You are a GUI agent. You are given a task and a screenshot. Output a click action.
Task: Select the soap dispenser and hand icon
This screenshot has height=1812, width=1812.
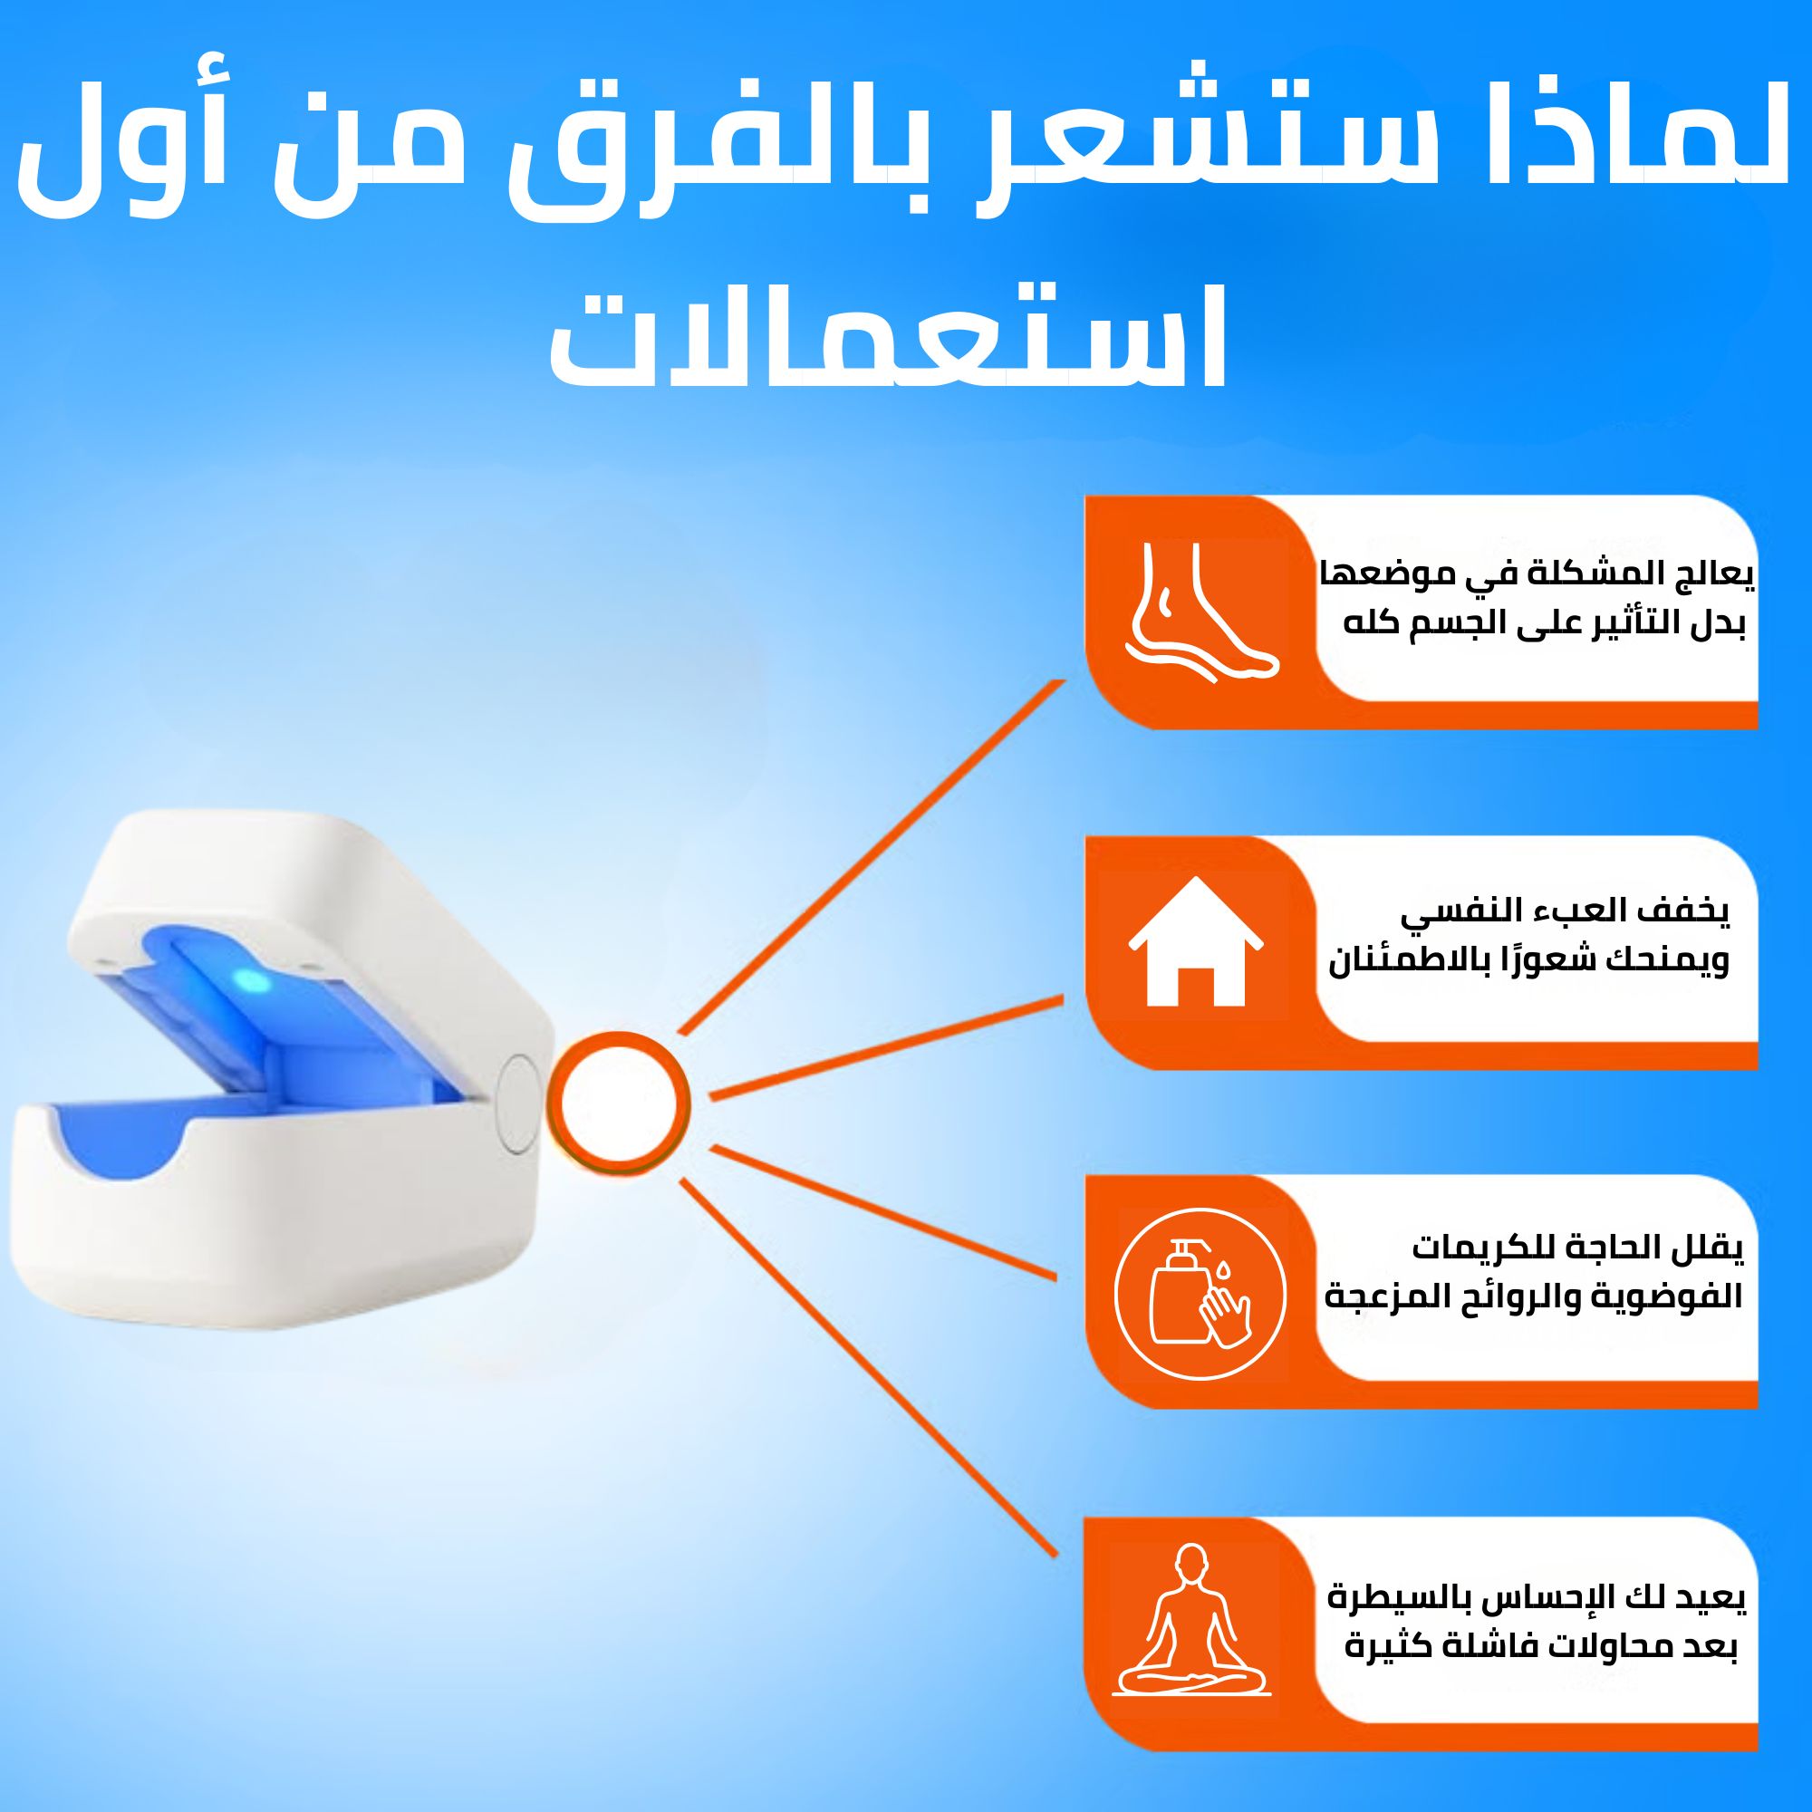pyautogui.click(x=1200, y=1295)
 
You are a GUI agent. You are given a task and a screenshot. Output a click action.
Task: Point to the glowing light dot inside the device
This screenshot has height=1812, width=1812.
pyautogui.click(x=250, y=982)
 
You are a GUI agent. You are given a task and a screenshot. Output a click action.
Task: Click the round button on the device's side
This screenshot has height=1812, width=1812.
pyautogui.click(x=516, y=1104)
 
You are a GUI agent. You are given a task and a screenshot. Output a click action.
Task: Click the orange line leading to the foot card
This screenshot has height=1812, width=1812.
pyautogui.click(x=872, y=857)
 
